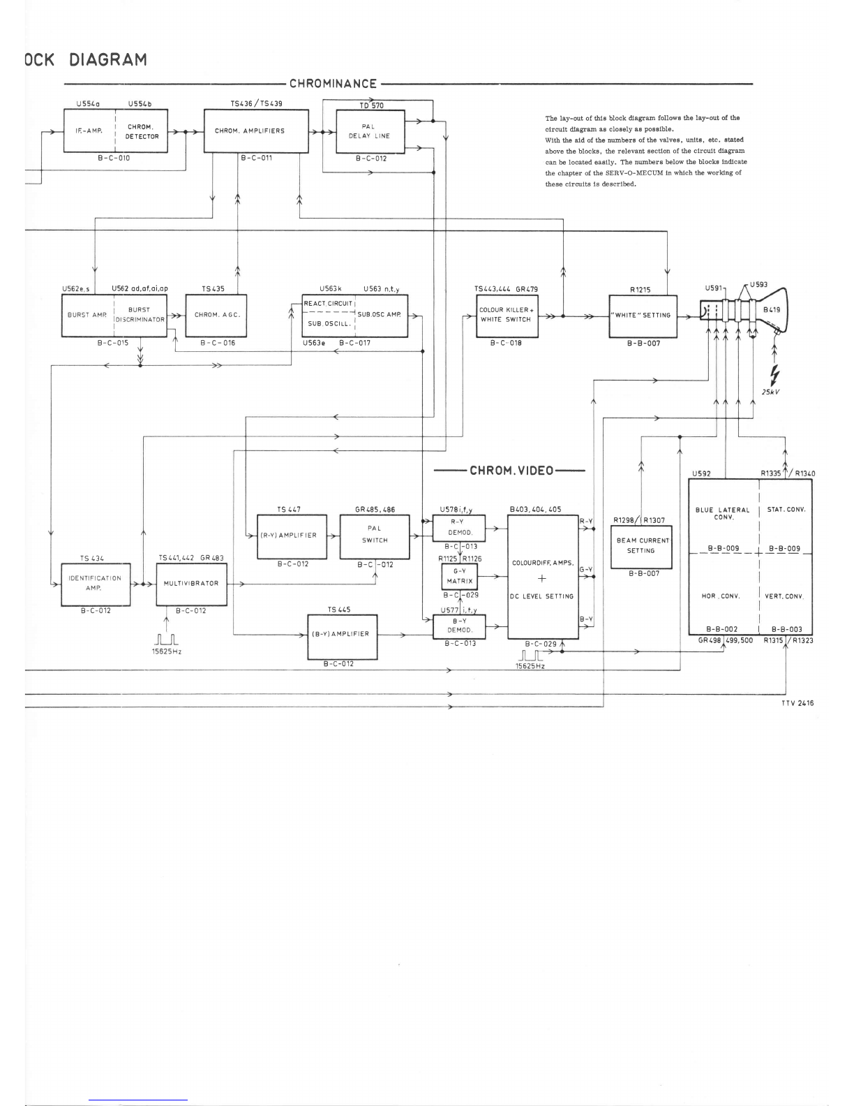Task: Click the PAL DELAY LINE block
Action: click(x=370, y=131)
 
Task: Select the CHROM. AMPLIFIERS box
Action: click(x=256, y=131)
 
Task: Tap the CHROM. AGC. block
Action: click(x=216, y=316)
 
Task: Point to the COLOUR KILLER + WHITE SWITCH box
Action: click(x=507, y=316)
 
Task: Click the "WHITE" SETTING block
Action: click(x=643, y=316)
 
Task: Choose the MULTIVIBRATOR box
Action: click(x=191, y=584)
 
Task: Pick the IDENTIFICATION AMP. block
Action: click(x=96, y=584)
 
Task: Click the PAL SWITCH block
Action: click(x=375, y=536)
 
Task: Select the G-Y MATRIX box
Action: click(x=459, y=576)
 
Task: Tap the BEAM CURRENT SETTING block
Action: click(x=641, y=546)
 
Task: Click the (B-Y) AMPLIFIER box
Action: click(x=343, y=637)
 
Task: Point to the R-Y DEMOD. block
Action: click(x=459, y=528)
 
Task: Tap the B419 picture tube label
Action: click(x=772, y=309)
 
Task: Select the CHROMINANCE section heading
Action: click(x=333, y=84)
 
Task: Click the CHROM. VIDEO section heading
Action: click(x=511, y=471)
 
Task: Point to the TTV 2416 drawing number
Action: click(x=797, y=703)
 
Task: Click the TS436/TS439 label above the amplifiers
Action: click(x=256, y=103)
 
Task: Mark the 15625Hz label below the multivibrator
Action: click(x=166, y=651)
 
